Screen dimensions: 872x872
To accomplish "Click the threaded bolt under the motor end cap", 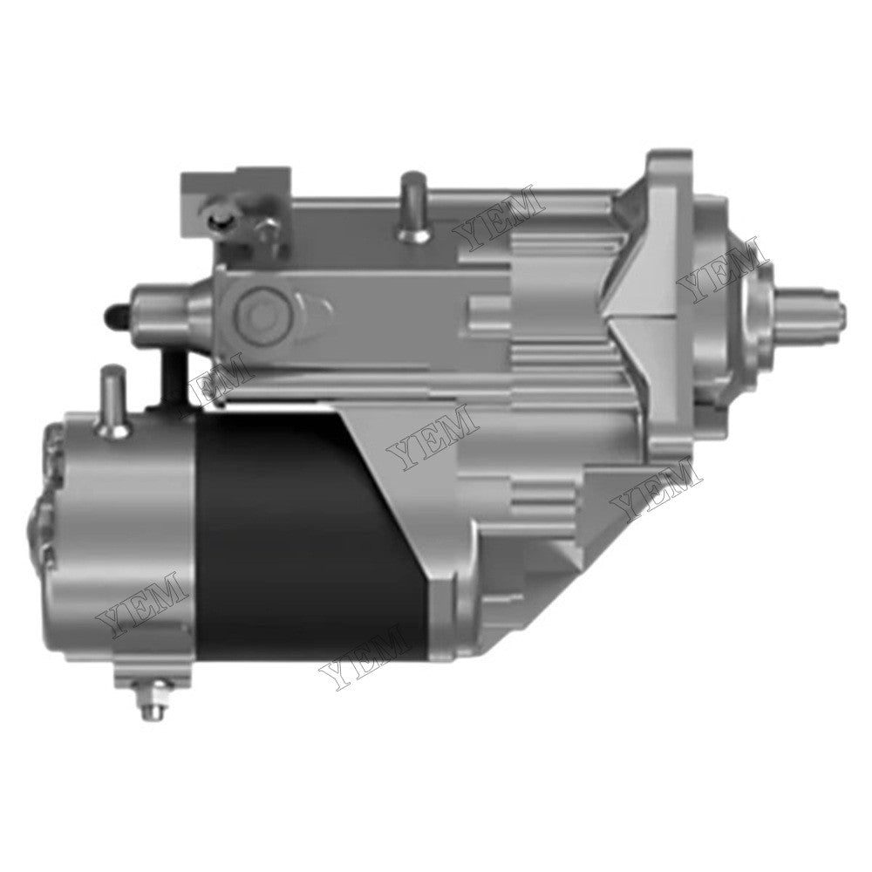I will [145, 698].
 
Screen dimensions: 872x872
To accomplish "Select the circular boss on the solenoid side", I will [260, 308].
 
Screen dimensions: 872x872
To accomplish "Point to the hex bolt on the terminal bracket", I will [266, 228].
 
